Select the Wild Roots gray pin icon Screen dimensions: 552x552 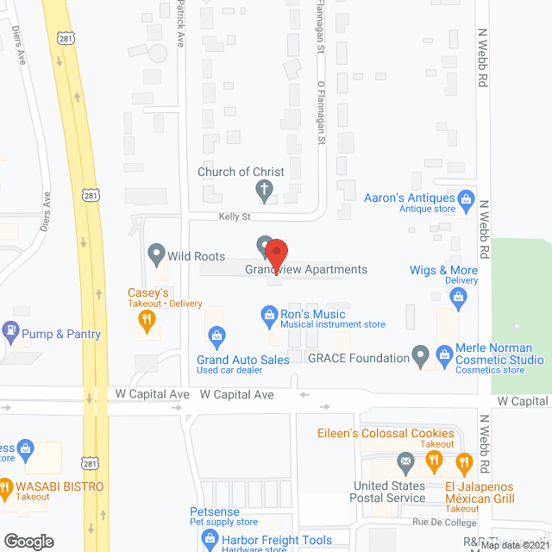point(156,255)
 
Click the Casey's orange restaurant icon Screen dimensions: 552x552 point(147,321)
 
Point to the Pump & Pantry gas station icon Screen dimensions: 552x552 point(10,329)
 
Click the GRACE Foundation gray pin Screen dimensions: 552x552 point(420,354)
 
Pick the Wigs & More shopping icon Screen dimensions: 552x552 point(458,298)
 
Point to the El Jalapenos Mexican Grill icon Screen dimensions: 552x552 point(464,462)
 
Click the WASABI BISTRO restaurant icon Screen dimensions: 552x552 point(7,486)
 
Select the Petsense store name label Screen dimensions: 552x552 point(216,511)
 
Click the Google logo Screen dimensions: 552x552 point(28,541)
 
